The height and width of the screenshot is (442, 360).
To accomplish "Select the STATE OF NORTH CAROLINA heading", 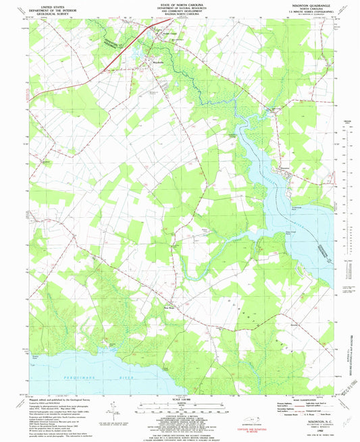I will (x=180, y=3).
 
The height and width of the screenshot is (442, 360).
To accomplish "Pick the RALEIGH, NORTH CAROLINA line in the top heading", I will (x=180, y=16).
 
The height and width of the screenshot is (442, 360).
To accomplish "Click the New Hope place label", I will (x=171, y=292).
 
